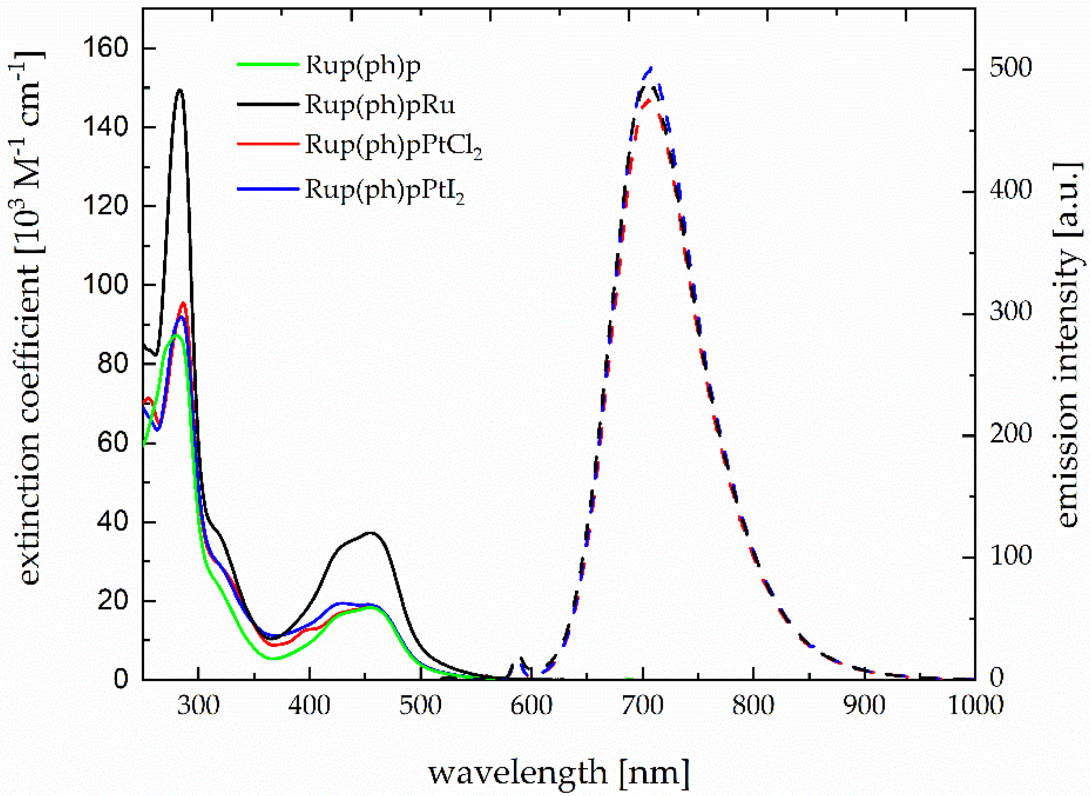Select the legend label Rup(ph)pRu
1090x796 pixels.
[x=380, y=105]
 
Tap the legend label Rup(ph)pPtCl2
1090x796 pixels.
[x=394, y=145]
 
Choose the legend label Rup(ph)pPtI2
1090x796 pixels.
[x=385, y=190]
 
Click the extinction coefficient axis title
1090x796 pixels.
[x=30, y=318]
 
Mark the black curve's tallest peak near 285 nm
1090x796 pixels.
[x=180, y=90]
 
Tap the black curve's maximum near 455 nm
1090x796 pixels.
[x=370, y=533]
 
